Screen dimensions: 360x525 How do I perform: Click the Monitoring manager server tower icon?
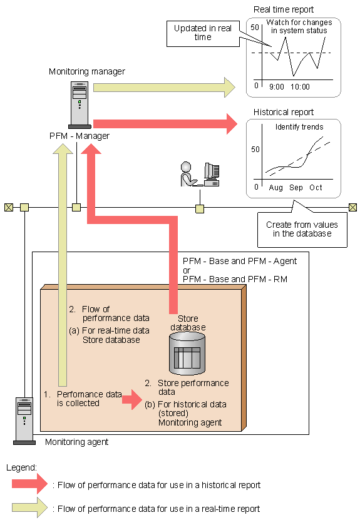[x=80, y=104]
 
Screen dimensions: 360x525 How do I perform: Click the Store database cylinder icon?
[x=187, y=354]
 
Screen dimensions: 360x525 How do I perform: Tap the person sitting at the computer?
[x=188, y=174]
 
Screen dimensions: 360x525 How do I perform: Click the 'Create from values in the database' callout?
[x=302, y=230]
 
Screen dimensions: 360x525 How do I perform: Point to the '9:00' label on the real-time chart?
[x=277, y=87]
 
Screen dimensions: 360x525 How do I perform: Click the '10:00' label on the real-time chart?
[x=300, y=87]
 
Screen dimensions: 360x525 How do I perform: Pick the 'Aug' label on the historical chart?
[x=276, y=188]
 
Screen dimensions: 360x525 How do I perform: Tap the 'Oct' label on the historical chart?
[x=316, y=188]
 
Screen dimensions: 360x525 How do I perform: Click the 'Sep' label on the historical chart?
[x=296, y=188]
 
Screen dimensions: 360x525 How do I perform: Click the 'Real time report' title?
[x=284, y=10]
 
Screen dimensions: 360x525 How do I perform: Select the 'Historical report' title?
[x=284, y=112]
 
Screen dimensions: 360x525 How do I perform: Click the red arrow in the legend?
[x=30, y=484]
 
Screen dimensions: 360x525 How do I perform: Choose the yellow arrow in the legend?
[x=30, y=507]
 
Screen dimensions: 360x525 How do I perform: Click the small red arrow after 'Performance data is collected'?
[x=132, y=399]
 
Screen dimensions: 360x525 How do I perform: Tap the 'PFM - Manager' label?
[x=80, y=136]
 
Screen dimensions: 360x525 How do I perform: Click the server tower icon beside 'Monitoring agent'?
[x=24, y=421]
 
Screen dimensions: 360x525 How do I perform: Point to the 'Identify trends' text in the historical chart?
[x=299, y=127]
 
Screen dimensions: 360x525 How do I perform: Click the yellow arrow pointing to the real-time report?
[x=164, y=88]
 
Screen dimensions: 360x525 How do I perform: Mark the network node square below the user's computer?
[x=200, y=209]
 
